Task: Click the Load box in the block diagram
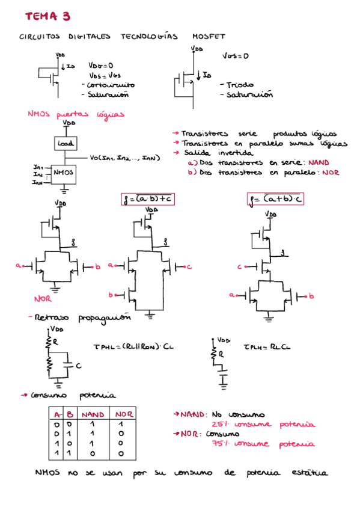[65, 144]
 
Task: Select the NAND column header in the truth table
[93, 414]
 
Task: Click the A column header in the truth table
[57, 414]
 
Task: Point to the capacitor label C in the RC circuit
[78, 365]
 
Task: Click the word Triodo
[239, 85]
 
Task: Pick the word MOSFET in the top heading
[209, 36]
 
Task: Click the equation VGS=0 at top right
[235, 55]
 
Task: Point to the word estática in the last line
[310, 473]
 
